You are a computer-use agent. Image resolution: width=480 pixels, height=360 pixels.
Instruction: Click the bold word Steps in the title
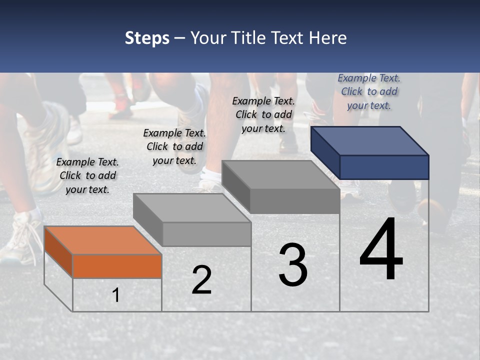147,38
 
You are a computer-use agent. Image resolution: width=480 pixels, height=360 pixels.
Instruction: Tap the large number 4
381,249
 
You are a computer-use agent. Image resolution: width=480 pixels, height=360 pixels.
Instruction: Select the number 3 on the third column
293,265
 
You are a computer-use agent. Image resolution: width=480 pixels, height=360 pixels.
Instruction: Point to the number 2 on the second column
201,280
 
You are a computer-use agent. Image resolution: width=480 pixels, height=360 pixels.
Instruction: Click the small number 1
116,295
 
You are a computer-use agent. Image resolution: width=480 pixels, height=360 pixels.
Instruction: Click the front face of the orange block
117,266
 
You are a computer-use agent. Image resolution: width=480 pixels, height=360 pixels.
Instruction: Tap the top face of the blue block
370,140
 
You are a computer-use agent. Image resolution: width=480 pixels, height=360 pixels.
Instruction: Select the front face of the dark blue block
384,167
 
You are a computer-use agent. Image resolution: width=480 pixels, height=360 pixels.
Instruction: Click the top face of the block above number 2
192,207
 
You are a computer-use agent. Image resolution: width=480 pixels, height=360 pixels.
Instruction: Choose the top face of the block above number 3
281,174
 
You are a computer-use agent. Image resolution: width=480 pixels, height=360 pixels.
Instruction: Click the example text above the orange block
87,175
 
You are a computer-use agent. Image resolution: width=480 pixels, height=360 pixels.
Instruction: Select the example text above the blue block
369,91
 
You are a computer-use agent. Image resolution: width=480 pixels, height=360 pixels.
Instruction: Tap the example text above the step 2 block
174,146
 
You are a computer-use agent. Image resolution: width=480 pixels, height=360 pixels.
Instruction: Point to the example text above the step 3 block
263,114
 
